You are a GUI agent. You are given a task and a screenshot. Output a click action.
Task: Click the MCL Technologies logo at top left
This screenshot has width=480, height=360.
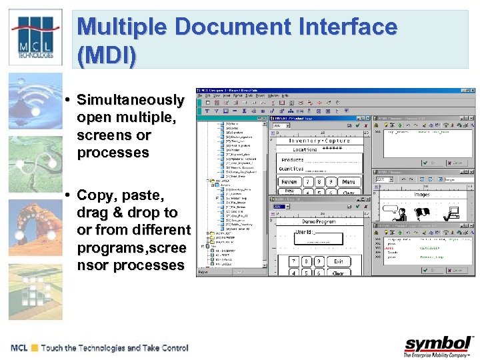(34, 37)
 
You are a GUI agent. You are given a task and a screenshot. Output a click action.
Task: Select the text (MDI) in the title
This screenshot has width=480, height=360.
(107, 55)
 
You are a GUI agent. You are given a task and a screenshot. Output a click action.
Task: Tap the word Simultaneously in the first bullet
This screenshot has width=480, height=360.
(130, 100)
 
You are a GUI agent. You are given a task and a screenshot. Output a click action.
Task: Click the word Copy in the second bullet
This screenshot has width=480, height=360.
(95, 195)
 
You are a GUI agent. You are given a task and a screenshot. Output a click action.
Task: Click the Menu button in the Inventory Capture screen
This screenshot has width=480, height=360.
(348, 181)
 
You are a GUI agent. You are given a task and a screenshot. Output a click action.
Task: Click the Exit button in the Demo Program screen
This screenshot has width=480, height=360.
(339, 261)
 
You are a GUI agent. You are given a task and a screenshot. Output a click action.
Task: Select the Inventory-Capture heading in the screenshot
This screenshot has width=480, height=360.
(318, 141)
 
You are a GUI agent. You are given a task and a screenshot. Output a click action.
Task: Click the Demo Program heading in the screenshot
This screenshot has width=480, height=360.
(319, 221)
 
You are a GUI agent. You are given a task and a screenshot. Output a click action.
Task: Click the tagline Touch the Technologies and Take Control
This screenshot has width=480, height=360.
(115, 348)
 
